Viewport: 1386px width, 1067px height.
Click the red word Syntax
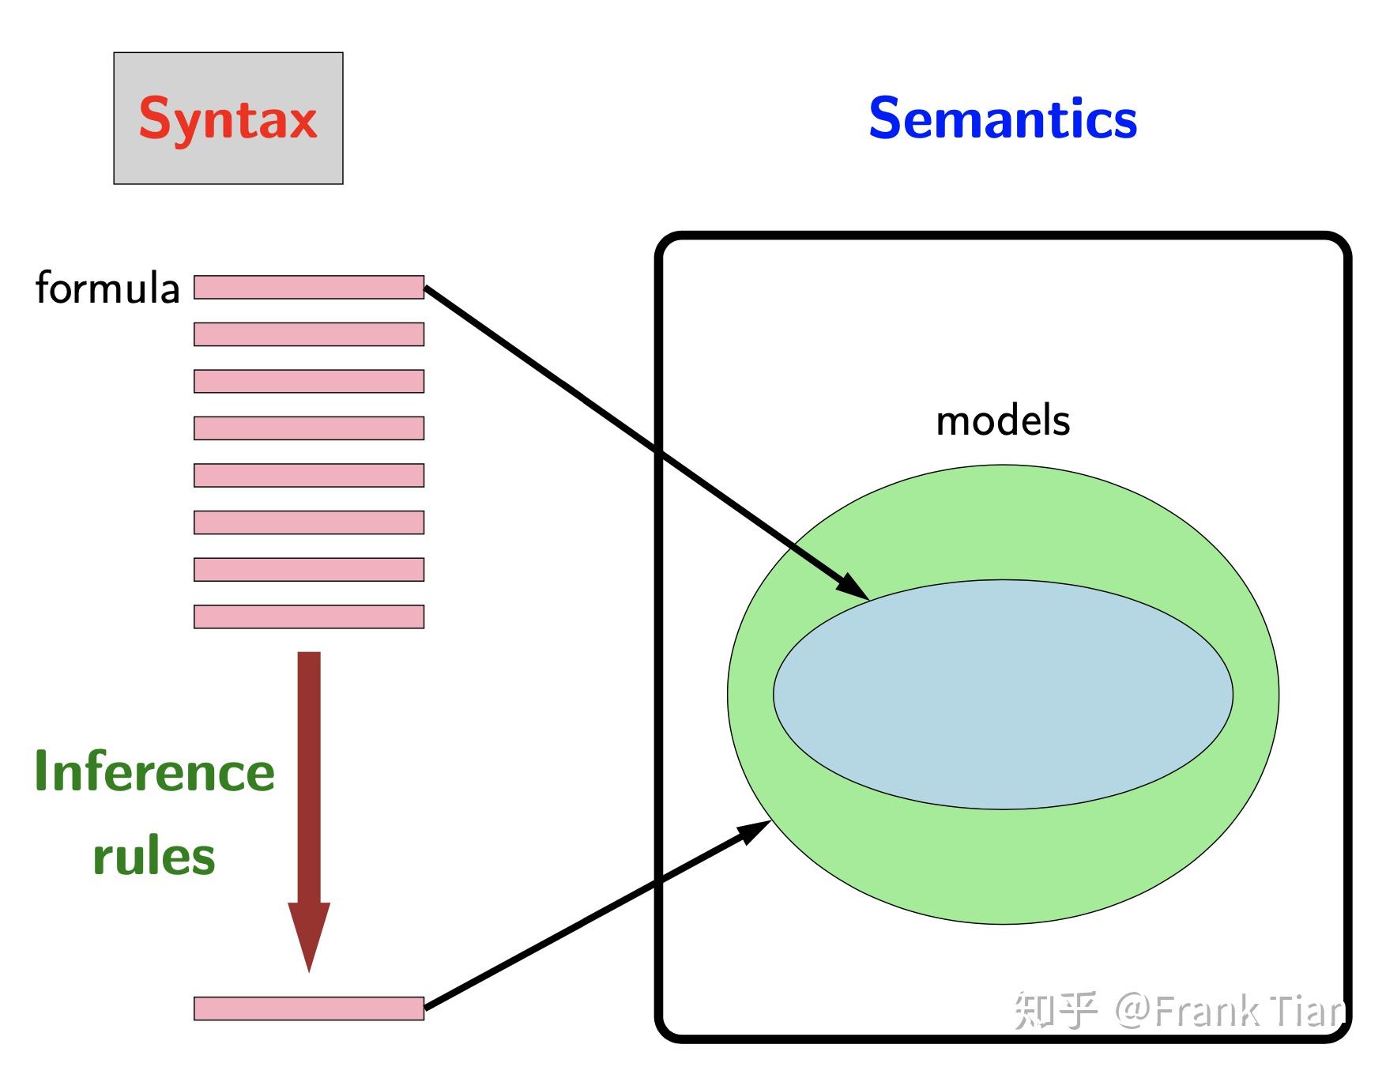pos(228,120)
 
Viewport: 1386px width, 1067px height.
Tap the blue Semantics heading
pos(1003,118)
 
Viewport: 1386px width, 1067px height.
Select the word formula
pos(107,288)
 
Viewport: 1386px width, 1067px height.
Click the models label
pos(1003,420)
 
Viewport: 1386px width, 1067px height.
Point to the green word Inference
pos(154,771)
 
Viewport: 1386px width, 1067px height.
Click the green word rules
pos(154,857)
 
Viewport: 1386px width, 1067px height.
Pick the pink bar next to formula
pos(309,288)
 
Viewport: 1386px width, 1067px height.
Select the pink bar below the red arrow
pos(309,1009)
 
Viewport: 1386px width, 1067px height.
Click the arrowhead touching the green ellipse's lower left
pos(755,830)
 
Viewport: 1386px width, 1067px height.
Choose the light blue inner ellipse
pos(1003,695)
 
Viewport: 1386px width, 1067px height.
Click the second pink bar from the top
pos(309,334)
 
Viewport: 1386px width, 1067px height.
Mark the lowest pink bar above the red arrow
pos(309,616)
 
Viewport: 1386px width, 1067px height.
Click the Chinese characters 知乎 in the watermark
pos(1056,1011)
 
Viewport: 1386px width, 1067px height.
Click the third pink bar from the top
pos(309,381)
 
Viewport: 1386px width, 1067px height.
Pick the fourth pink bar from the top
pos(309,428)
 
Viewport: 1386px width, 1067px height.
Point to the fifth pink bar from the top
pos(309,475)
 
